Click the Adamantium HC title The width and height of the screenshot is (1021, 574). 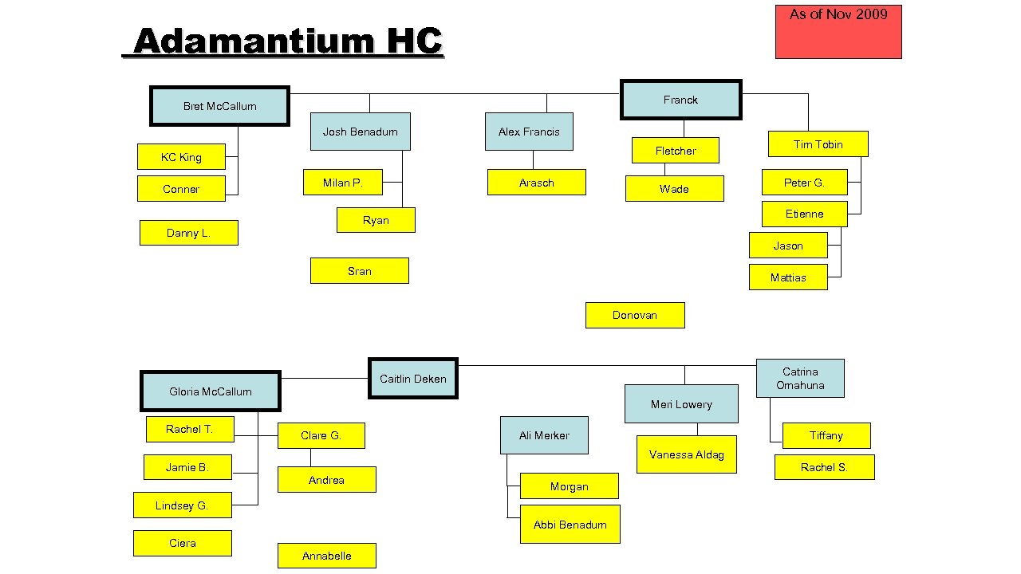287,41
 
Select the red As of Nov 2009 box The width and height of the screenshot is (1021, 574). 838,32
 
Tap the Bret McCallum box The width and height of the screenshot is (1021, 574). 219,106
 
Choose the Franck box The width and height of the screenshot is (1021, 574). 680,100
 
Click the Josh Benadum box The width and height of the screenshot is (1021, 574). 360,132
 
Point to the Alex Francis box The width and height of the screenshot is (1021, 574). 529,132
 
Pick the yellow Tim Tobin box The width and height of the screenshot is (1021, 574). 818,144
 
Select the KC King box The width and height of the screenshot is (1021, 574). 181,157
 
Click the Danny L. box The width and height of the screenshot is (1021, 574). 188,233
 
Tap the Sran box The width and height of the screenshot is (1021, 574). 359,271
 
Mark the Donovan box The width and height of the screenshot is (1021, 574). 634,315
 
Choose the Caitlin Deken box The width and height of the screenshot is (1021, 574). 412,379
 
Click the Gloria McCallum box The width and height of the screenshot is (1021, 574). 211,391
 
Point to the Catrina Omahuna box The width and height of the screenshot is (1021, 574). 799,379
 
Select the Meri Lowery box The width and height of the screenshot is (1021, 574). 681,404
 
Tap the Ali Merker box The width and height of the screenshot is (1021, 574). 544,435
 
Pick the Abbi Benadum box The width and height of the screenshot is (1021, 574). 570,525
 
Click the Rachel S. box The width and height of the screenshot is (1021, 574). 824,467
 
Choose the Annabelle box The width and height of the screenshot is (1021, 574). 326,556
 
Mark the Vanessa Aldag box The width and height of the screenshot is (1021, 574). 686,454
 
